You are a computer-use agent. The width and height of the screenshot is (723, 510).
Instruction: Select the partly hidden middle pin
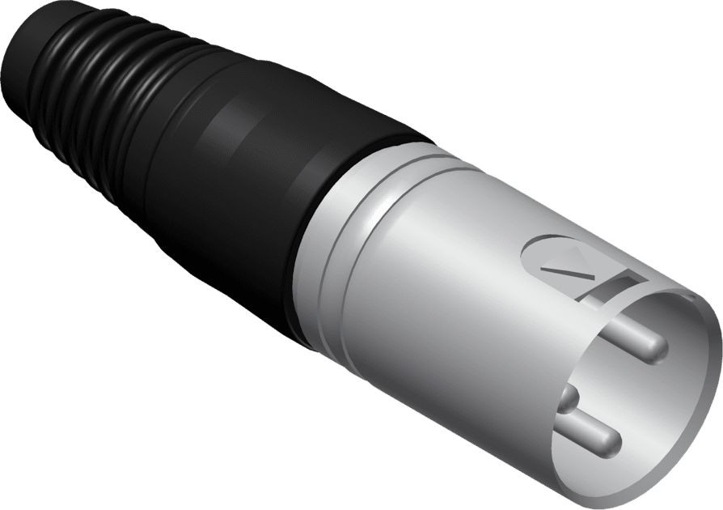click(571, 398)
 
